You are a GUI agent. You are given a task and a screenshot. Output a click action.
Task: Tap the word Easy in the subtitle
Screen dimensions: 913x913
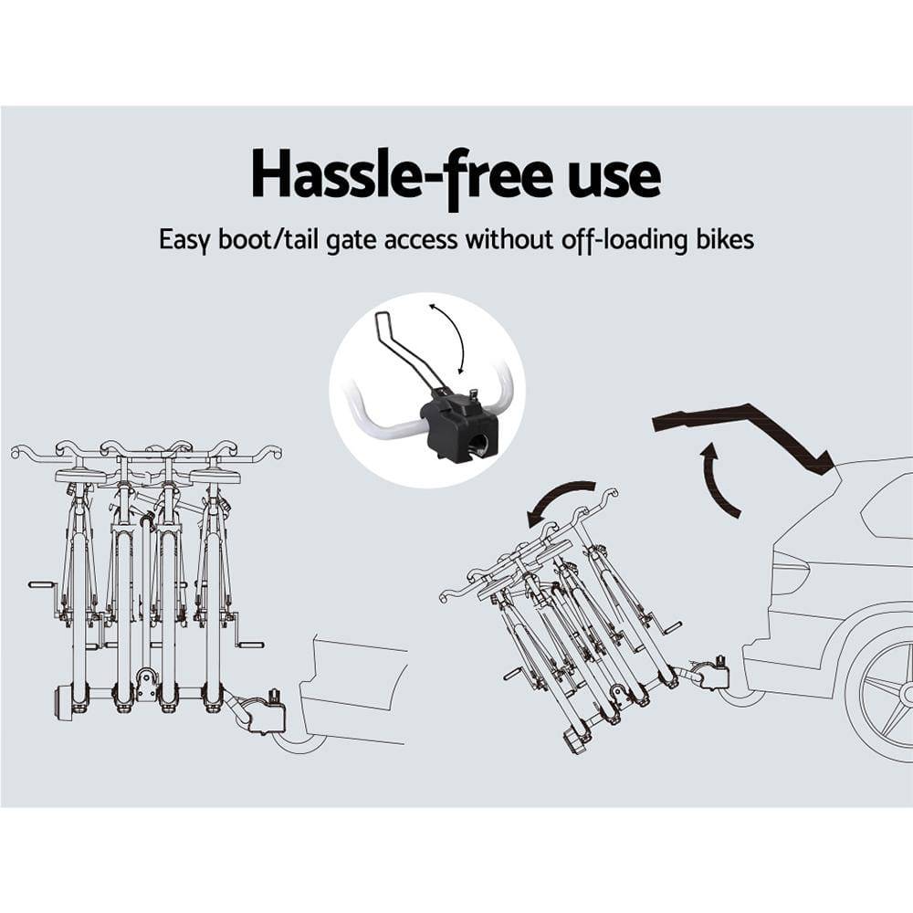pyautogui.click(x=185, y=240)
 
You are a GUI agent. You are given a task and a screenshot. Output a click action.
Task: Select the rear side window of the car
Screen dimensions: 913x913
pyautogui.click(x=890, y=508)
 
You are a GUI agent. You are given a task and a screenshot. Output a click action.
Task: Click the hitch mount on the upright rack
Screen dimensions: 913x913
pyautogui.click(x=259, y=712)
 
